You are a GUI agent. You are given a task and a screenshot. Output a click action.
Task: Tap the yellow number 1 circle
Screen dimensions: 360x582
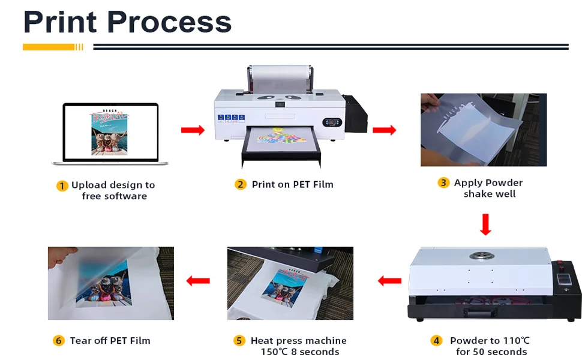[x=62, y=186]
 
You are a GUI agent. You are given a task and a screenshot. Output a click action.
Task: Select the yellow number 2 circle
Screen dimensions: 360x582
[x=241, y=185]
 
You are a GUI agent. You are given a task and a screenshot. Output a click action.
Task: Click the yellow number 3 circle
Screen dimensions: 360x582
[x=443, y=183]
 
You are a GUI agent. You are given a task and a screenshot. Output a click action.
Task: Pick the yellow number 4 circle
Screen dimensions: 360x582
[x=437, y=341]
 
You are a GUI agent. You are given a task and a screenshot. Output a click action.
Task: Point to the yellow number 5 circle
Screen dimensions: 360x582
[x=239, y=341]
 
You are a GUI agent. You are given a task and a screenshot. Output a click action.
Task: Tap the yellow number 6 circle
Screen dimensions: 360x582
[x=58, y=341]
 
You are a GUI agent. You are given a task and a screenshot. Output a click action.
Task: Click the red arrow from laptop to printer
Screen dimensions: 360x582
[x=193, y=130]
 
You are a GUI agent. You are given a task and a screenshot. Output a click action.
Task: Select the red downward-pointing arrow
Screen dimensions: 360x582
[x=486, y=224]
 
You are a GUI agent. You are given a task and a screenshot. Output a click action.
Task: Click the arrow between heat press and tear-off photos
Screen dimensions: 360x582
[x=198, y=280]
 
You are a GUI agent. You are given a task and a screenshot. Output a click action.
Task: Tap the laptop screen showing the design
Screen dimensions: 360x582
[x=111, y=132]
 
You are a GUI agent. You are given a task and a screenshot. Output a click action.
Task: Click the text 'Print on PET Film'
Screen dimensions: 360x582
[x=292, y=185]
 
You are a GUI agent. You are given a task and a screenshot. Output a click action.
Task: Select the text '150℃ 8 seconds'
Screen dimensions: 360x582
[x=299, y=352]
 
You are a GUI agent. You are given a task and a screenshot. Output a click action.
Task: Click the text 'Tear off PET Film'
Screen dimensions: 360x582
[x=110, y=341]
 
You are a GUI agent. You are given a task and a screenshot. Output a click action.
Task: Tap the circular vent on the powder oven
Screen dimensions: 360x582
[x=479, y=254]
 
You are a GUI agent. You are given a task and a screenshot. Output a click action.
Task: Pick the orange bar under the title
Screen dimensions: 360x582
[x=49, y=47]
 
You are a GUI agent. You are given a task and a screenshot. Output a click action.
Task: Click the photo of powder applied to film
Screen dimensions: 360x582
[x=483, y=130]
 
